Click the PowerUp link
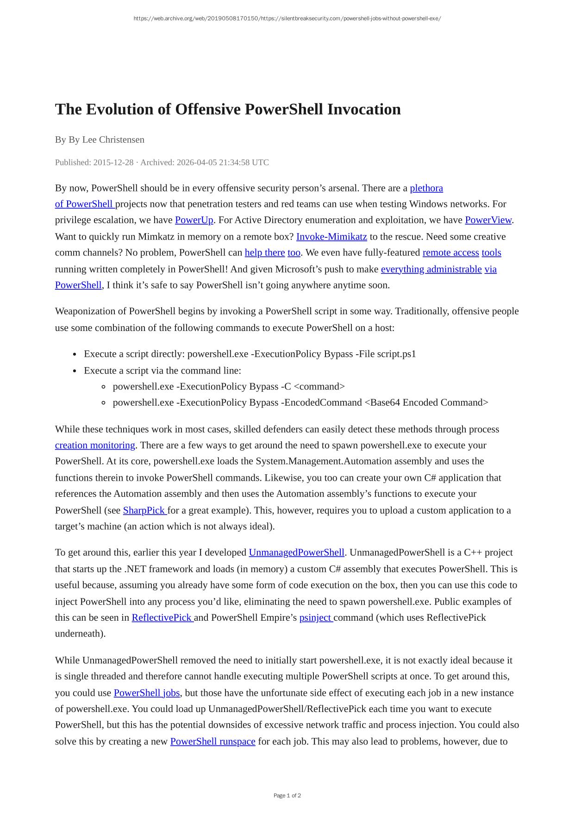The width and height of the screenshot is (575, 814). [194, 220]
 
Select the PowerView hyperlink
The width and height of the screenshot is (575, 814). [488, 220]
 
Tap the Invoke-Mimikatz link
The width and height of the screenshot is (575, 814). [331, 237]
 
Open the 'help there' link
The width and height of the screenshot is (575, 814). [265, 253]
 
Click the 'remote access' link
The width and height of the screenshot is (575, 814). [450, 253]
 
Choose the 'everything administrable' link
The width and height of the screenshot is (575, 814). [431, 269]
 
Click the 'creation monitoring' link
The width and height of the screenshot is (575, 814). [95, 445]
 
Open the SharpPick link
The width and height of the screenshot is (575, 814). [144, 510]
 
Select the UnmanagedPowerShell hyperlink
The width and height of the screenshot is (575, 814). [296, 553]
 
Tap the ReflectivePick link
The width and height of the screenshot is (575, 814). [162, 618]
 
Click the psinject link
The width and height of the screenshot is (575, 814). [316, 618]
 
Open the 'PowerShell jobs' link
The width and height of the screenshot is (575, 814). [147, 693]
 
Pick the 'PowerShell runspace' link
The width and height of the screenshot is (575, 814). [212, 741]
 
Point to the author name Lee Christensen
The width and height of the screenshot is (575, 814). [113, 140]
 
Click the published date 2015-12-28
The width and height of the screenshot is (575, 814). [113, 162]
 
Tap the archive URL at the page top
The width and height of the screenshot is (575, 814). [287, 19]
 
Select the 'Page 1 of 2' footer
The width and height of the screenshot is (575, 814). [287, 795]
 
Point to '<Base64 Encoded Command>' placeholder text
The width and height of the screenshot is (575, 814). [426, 402]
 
